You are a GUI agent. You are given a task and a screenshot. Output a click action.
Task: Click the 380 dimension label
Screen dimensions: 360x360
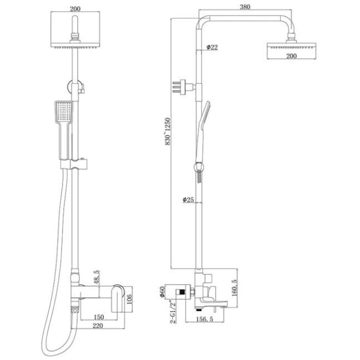coord(245,7)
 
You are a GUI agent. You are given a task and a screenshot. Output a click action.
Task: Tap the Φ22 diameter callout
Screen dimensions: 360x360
coord(212,48)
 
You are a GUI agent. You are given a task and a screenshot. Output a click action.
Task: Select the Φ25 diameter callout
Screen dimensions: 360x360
coord(188,200)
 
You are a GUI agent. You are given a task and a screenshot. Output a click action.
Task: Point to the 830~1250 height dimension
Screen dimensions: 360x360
coord(168,131)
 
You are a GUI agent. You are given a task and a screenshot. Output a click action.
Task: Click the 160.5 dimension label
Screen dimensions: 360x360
coord(234,288)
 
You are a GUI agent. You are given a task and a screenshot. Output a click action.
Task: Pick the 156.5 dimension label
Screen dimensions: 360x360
coord(205,319)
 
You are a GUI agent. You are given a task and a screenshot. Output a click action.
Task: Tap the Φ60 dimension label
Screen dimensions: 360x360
coord(163,292)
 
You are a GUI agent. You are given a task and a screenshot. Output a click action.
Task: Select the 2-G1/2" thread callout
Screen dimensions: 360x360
coord(173,311)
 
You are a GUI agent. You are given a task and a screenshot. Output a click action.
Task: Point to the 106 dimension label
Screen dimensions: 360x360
coord(130,299)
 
